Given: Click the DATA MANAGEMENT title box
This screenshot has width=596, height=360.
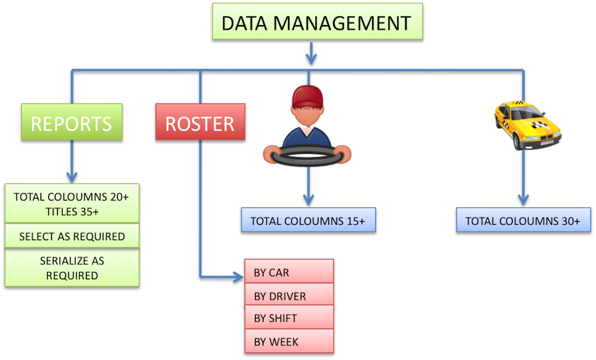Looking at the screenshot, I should coord(315,24).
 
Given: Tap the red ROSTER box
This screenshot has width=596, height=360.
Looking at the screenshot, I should coord(199,123).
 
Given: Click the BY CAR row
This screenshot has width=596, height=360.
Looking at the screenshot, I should coord(289,272).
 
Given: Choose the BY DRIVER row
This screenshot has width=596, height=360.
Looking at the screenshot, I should coord(289,295).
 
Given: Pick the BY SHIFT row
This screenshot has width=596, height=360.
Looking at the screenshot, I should coord(289,318).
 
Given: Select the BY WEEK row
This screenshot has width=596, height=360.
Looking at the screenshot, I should coord(289,341).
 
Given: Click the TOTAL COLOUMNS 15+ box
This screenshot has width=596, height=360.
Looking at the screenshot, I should coord(309,220).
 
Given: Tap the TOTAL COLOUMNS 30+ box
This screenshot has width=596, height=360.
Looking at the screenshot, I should coord(522,220).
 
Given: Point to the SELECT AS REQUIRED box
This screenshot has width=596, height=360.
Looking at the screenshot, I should coord(72,236).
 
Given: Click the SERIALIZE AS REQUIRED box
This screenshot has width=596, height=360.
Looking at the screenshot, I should coord(72,267).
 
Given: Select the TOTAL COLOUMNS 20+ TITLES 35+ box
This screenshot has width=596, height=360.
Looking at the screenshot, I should coord(72,204).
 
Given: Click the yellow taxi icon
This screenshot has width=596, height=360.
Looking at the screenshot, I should coord(528,124).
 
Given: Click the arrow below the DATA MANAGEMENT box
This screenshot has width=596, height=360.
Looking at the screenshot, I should coord(310,54).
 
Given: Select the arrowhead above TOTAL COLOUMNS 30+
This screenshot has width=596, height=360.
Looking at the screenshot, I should coord(522,199).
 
